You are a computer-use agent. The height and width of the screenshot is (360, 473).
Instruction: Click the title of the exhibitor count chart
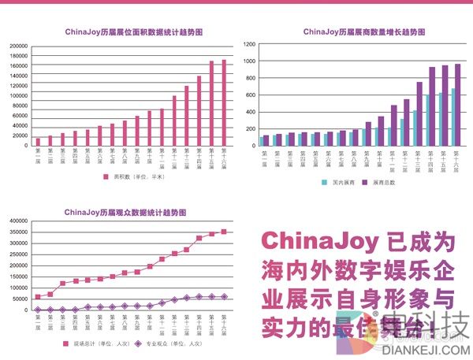click(x=364, y=32)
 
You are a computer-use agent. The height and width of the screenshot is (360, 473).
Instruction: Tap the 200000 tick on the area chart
click(x=18, y=46)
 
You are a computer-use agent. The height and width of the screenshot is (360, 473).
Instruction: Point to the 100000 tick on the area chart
click(x=18, y=96)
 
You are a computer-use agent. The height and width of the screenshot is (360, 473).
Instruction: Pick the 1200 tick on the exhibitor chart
click(x=250, y=45)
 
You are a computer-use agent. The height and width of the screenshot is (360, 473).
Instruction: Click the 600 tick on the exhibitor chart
click(x=251, y=95)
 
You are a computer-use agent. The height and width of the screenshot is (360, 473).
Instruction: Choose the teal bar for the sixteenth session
click(x=453, y=117)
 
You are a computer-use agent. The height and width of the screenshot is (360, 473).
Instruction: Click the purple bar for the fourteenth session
click(x=432, y=107)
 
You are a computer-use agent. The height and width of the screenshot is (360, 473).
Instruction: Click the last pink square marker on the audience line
click(x=224, y=232)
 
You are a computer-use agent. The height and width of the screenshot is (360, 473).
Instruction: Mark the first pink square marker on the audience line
click(x=38, y=297)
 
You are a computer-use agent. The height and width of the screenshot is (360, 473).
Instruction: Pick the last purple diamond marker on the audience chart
click(x=224, y=296)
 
